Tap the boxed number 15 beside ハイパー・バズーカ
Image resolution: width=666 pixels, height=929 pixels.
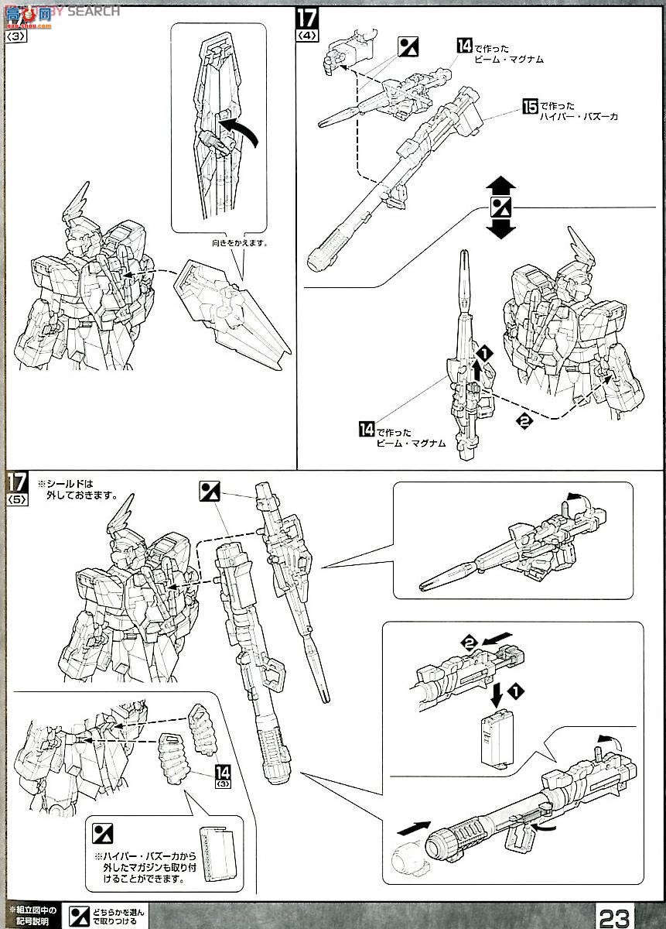(530, 105)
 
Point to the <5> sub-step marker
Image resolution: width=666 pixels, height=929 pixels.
(17, 500)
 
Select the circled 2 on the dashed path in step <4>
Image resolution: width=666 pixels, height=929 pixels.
(524, 422)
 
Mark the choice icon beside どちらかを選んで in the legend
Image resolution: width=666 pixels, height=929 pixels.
(79, 917)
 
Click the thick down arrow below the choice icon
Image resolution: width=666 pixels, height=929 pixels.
(501, 228)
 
